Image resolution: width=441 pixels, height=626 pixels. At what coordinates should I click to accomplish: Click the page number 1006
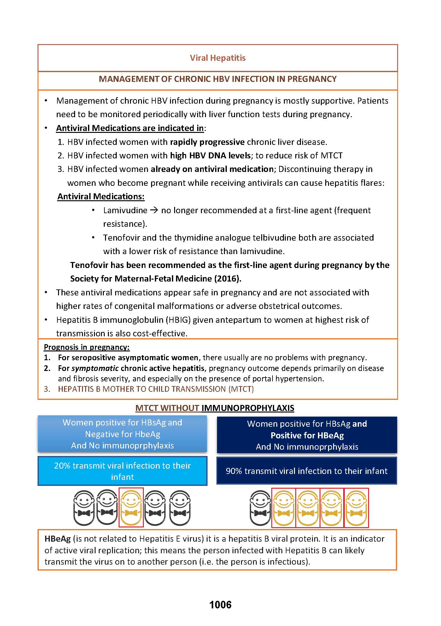[x=220, y=605]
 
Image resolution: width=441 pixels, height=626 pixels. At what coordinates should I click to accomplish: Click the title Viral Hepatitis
[x=218, y=58]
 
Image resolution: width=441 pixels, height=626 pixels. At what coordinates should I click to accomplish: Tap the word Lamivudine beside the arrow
[x=125, y=210]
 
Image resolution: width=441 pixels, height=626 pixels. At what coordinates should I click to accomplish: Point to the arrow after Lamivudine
[x=154, y=210]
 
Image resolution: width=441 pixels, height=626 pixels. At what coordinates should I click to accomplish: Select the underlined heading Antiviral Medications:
[x=101, y=196]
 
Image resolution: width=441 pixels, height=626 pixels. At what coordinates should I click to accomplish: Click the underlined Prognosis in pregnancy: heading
[x=87, y=347]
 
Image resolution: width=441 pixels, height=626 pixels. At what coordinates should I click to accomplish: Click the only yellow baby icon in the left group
[x=131, y=508]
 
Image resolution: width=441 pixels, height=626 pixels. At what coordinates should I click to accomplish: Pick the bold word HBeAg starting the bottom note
[x=57, y=539]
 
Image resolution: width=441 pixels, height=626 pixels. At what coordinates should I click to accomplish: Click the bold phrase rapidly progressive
[x=207, y=142]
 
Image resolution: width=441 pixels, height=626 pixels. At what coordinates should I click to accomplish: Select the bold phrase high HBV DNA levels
[x=210, y=156]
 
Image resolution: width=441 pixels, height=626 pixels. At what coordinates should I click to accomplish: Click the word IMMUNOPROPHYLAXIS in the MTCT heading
[x=248, y=408]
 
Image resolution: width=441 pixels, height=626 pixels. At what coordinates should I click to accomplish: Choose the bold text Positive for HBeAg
[x=307, y=435]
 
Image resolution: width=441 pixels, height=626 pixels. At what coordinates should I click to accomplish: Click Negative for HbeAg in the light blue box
[x=122, y=434]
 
